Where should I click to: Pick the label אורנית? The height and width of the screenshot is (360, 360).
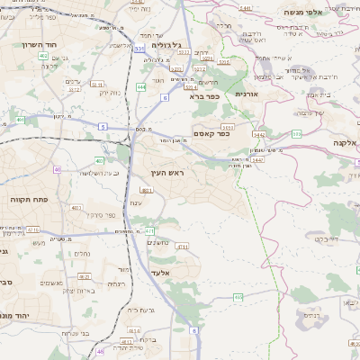[247, 94]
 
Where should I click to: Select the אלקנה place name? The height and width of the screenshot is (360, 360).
[346, 142]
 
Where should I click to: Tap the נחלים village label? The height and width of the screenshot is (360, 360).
[79, 255]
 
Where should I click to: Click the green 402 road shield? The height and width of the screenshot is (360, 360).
[43, 56]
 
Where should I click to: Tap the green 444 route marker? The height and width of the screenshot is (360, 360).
[141, 86]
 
